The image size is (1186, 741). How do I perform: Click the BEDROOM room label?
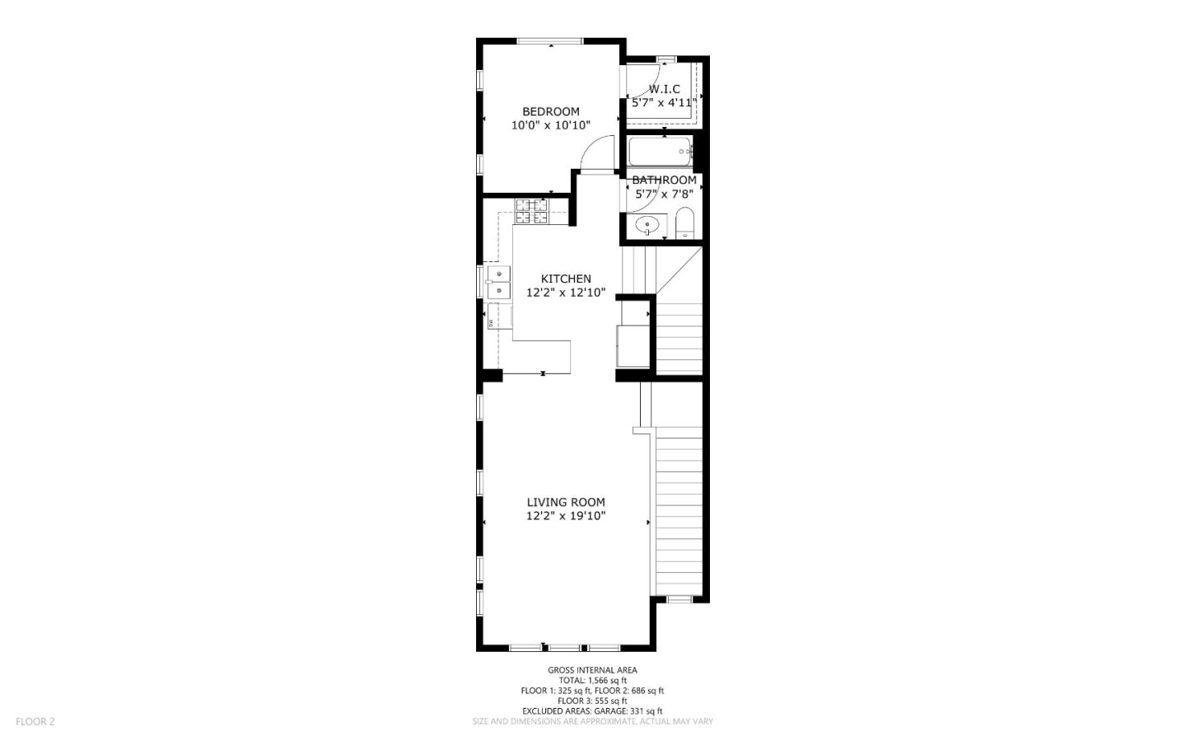click(550, 111)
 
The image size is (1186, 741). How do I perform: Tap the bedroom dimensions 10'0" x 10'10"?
click(550, 125)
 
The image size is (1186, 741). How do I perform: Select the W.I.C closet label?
click(664, 89)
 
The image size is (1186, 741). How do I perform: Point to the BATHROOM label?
click(664, 180)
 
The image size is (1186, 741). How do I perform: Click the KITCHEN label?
click(565, 279)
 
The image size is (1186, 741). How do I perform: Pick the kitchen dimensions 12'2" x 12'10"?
click(565, 293)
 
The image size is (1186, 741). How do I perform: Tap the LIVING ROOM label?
click(565, 502)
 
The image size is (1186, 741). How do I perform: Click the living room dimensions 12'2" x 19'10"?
click(565, 516)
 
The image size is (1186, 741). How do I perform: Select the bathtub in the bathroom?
click(659, 152)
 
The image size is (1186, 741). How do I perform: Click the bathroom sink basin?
click(651, 223)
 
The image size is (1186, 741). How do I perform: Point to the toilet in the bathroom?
click(684, 223)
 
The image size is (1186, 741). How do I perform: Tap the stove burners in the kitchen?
click(532, 211)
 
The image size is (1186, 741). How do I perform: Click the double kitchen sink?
click(497, 282)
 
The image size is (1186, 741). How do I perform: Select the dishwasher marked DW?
click(492, 322)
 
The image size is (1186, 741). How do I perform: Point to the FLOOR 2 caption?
click(35, 721)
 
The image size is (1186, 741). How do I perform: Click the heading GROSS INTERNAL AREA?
click(592, 670)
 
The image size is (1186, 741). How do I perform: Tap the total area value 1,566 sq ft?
click(610, 681)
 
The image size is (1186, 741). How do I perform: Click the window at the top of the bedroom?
click(550, 41)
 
